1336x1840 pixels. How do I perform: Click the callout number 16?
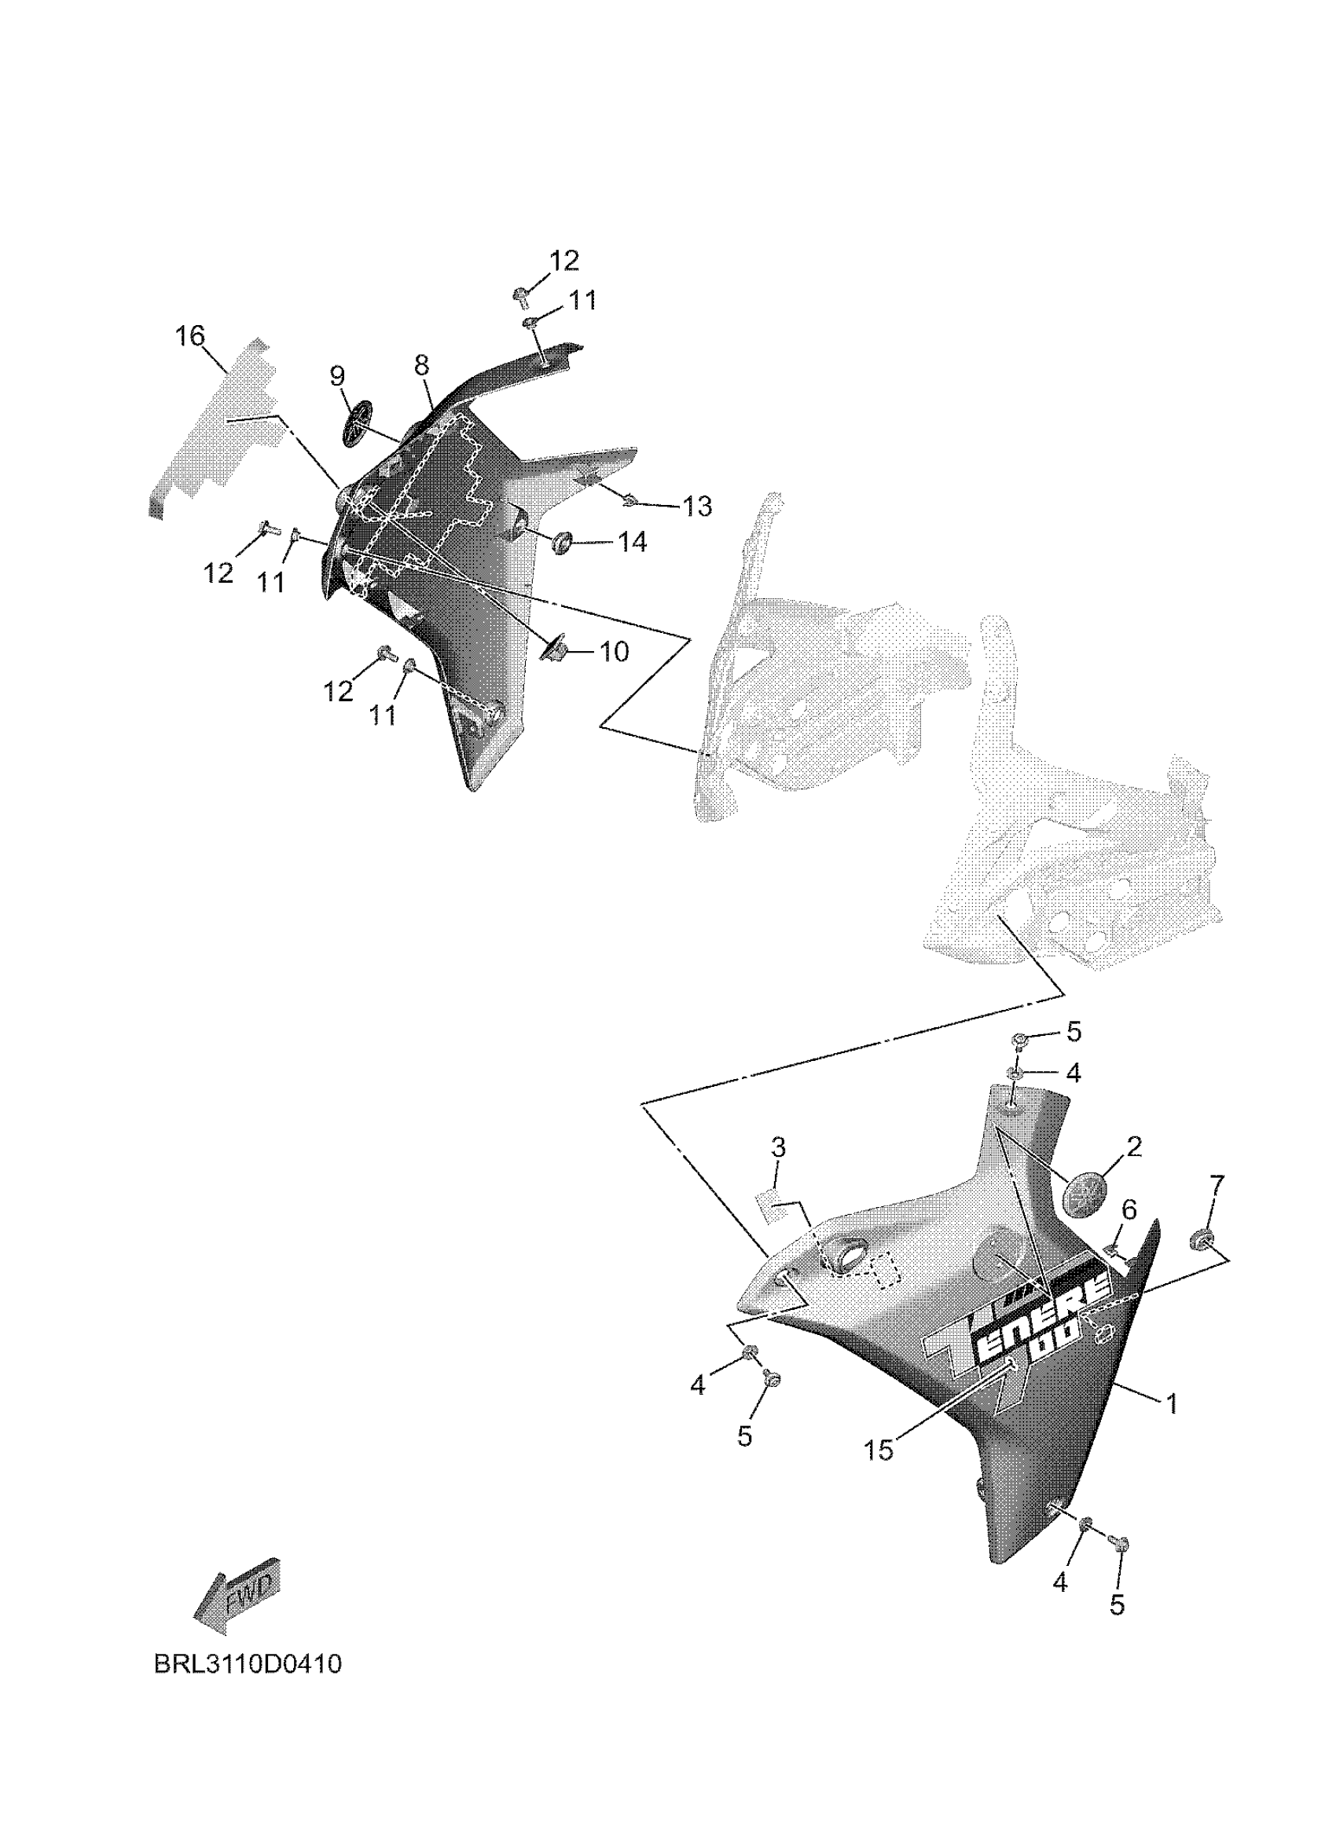point(191,336)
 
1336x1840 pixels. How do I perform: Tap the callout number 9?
point(337,375)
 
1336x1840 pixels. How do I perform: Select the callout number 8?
point(421,365)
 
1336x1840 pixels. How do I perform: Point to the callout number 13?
point(696,507)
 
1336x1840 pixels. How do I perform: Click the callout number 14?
point(633,542)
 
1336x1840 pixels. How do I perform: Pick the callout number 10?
point(615,652)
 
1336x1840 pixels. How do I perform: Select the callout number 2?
point(1134,1147)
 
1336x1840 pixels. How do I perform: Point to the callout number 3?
point(777,1148)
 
